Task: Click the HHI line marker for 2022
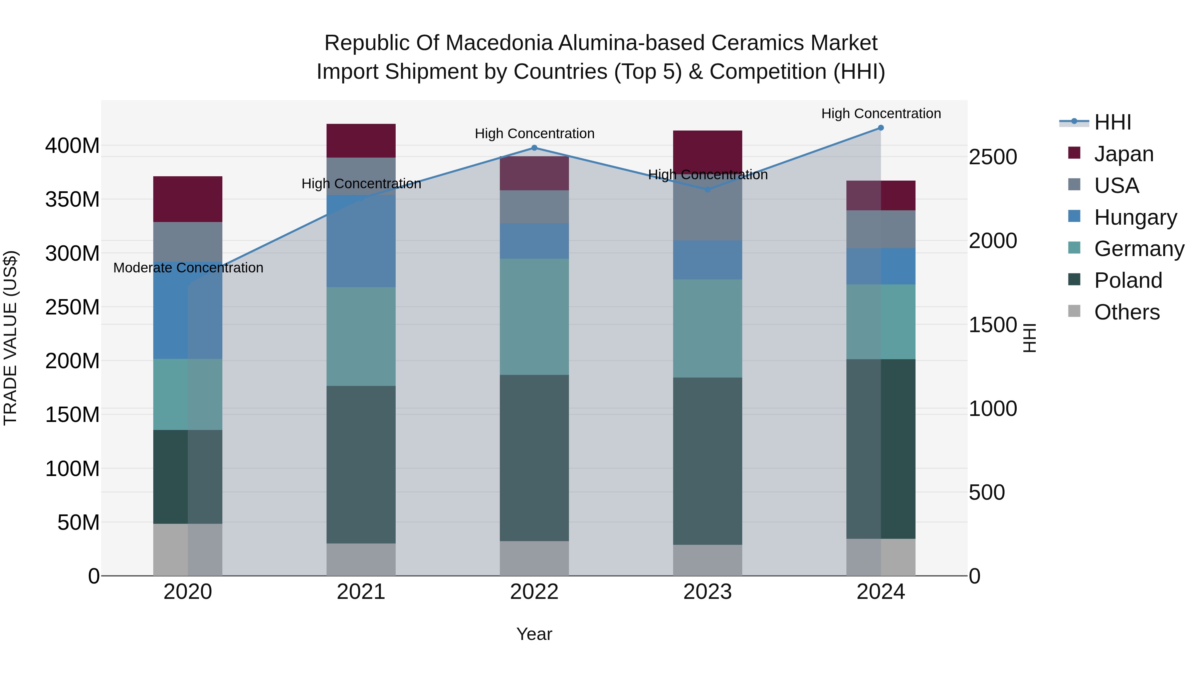pos(534,148)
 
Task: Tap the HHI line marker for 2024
pos(880,128)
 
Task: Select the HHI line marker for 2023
pos(708,189)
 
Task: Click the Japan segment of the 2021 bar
pos(361,141)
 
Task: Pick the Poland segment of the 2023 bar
pos(708,461)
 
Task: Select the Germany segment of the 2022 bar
pos(534,317)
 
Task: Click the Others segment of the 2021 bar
pos(361,559)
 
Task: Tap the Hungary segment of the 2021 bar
pos(361,241)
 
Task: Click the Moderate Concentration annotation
pos(188,268)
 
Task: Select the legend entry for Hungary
pos(1135,217)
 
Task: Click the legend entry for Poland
pos(1128,280)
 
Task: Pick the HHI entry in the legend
pos(1113,122)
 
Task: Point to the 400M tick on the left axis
pos(72,146)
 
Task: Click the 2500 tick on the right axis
pos(993,157)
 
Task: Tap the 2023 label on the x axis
pos(708,592)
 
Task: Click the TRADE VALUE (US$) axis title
pos(11,338)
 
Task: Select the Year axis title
pos(534,634)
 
